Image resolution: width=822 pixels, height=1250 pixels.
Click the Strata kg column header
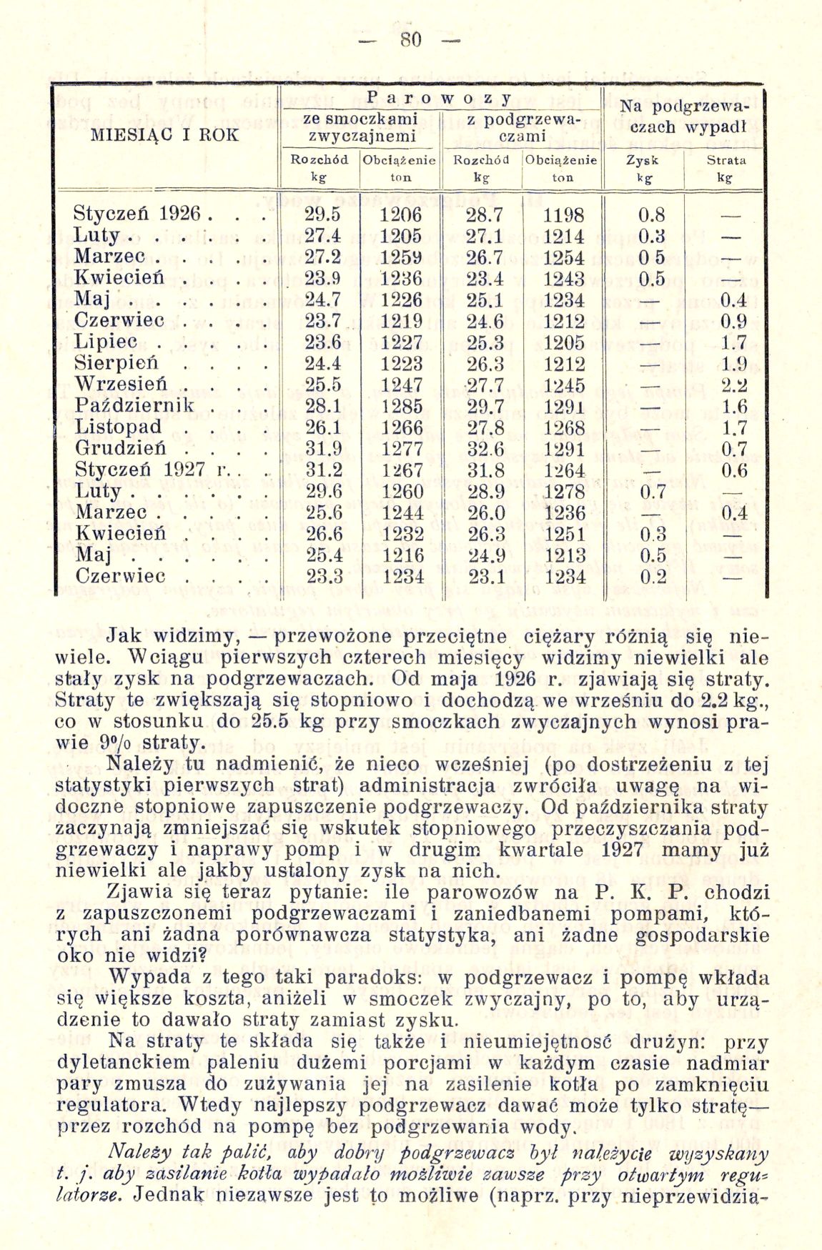[x=726, y=167]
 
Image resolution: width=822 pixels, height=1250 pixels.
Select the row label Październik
[x=134, y=406]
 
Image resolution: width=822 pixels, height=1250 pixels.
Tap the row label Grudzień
[x=120, y=449]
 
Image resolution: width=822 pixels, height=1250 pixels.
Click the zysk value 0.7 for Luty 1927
[x=653, y=492]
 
